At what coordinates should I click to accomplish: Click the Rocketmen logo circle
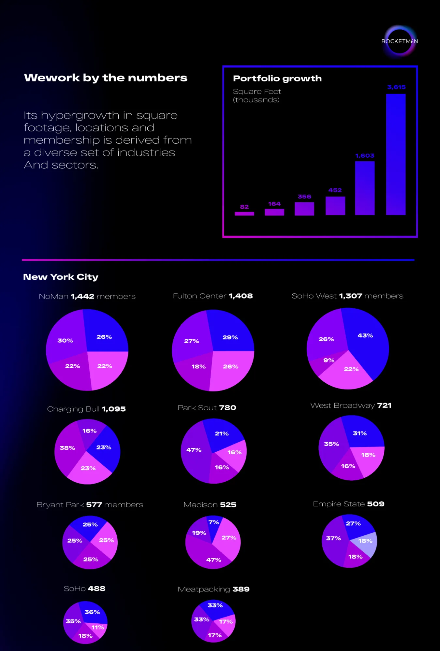400,41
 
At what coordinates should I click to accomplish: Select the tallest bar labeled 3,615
396,154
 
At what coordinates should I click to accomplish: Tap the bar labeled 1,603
365,188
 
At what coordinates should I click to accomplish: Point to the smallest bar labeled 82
244,214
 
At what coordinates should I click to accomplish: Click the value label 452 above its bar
335,190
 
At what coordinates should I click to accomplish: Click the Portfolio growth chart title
277,78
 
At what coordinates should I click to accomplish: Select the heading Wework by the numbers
106,78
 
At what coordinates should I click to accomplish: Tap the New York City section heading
61,277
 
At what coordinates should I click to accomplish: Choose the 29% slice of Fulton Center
230,335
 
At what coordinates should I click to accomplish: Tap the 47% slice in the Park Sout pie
194,453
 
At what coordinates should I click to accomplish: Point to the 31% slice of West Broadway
361,432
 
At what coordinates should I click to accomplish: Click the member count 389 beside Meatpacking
241,589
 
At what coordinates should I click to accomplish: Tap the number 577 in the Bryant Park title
94,505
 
